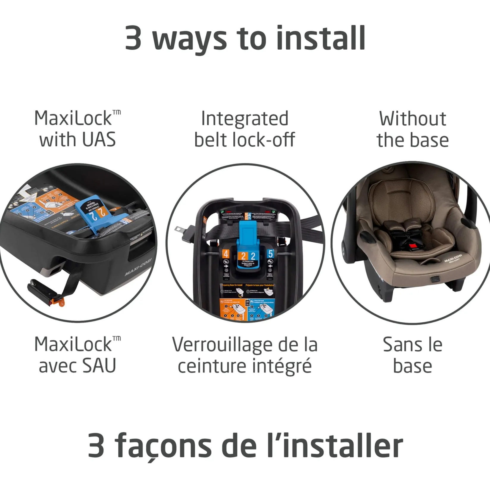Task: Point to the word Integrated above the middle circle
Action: click(245, 118)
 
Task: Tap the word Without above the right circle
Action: click(412, 118)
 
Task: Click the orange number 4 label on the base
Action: click(226, 254)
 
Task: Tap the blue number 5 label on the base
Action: click(270, 254)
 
